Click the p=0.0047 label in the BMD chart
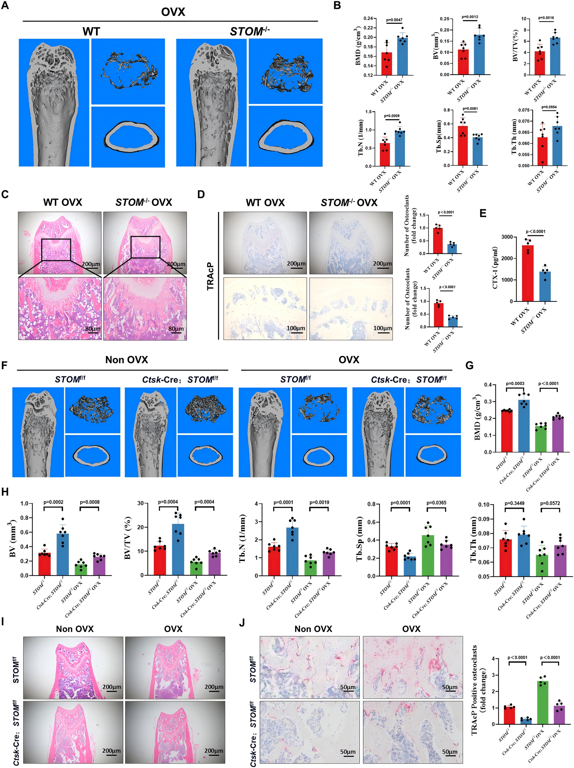pyautogui.click(x=394, y=20)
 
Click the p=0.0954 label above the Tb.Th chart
pyautogui.click(x=549, y=107)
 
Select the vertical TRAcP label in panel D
pyautogui.click(x=210, y=276)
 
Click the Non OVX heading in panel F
pyautogui.click(x=126, y=360)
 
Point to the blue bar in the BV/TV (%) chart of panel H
pyautogui.click(x=178, y=549)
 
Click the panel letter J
pyautogui.click(x=242, y=622)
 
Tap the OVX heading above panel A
pyautogui.click(x=173, y=12)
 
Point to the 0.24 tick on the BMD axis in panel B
pyautogui.click(x=368, y=18)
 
